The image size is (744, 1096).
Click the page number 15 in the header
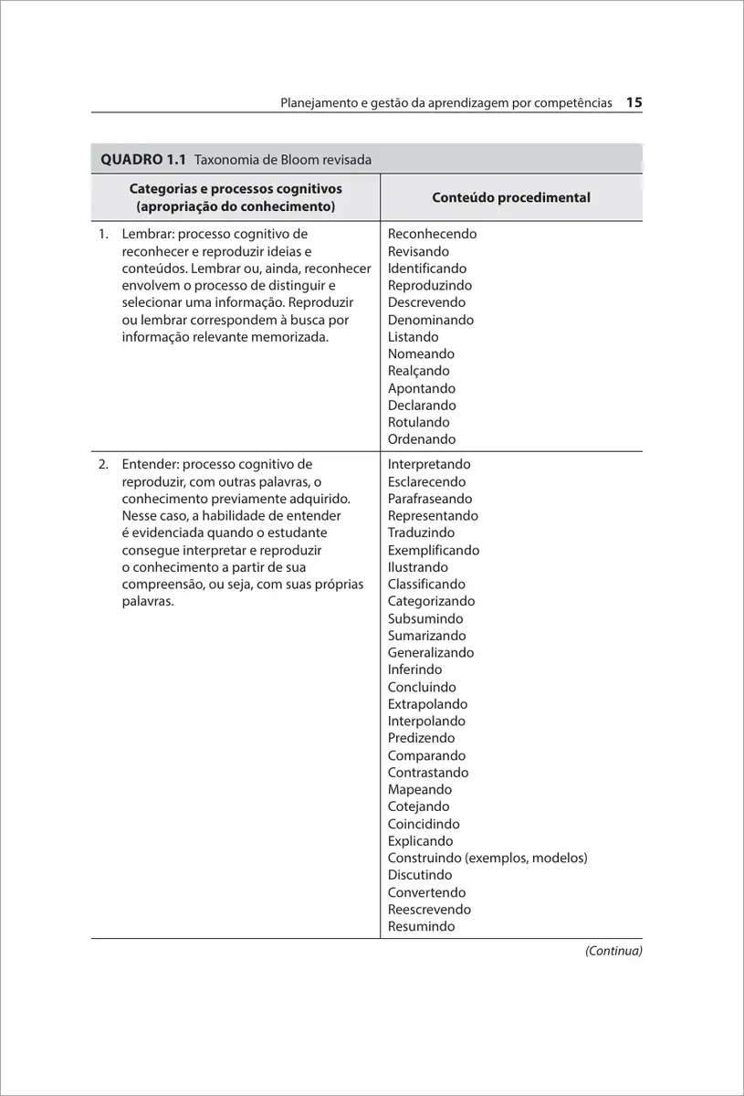[634, 103]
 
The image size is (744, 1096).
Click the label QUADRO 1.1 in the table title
[143, 160]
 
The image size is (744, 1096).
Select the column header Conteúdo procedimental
[510, 197]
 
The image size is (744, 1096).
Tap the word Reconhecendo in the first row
[432, 234]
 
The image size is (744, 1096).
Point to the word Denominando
[430, 320]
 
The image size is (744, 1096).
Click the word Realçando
[418, 371]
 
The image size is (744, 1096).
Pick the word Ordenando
[421, 439]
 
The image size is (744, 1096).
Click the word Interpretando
[429, 464]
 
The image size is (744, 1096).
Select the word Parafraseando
[430, 499]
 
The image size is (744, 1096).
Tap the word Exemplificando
[433, 550]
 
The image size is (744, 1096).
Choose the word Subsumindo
[424, 618]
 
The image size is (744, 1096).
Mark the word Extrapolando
[427, 704]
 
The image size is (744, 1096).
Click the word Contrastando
[427, 773]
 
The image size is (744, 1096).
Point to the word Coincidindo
[424, 824]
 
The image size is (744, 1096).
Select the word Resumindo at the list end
[421, 926]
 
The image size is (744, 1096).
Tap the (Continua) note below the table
[613, 951]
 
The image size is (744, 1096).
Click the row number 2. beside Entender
[104, 464]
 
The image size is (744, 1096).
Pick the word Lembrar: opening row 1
[148, 234]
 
